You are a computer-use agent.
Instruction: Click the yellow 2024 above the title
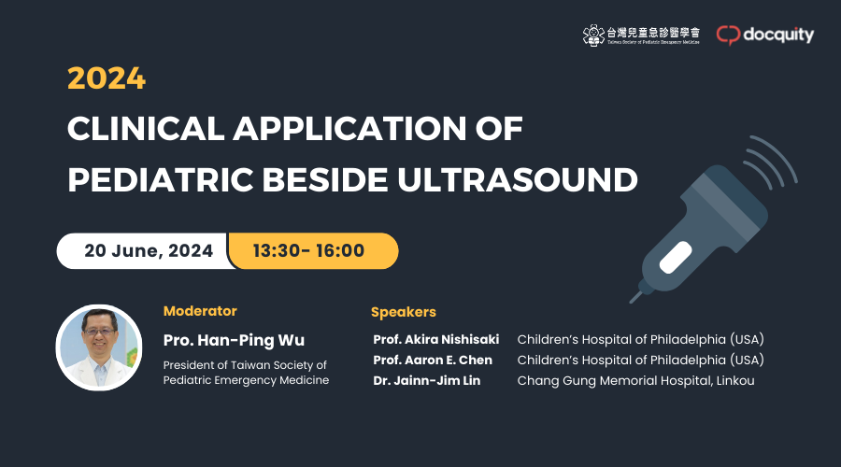coord(107,78)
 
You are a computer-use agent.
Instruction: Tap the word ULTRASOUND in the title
coord(518,179)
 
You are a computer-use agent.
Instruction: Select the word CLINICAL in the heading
coord(146,129)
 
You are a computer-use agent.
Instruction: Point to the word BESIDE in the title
coord(325,179)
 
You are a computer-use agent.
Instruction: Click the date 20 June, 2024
coord(149,250)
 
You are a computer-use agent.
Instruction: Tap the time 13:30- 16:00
coord(308,250)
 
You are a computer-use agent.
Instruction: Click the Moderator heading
coord(200,311)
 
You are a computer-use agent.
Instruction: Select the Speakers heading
coord(404,312)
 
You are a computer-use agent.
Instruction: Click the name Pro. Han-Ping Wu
coord(234,340)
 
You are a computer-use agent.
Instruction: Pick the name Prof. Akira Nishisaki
coord(436,339)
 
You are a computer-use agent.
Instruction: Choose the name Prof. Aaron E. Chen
coord(433,360)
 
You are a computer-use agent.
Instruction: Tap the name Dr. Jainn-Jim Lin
coord(426,380)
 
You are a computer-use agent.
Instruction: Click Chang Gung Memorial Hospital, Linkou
coord(635,381)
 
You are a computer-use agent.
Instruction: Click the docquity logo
coord(764,35)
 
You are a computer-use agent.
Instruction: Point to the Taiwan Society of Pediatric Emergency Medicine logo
coord(641,35)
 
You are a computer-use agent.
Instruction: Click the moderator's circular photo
coord(99,347)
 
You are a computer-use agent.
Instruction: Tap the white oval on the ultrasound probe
coord(676,257)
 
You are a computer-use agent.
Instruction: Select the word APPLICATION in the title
coord(349,129)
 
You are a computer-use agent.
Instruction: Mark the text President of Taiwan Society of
coord(245,365)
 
